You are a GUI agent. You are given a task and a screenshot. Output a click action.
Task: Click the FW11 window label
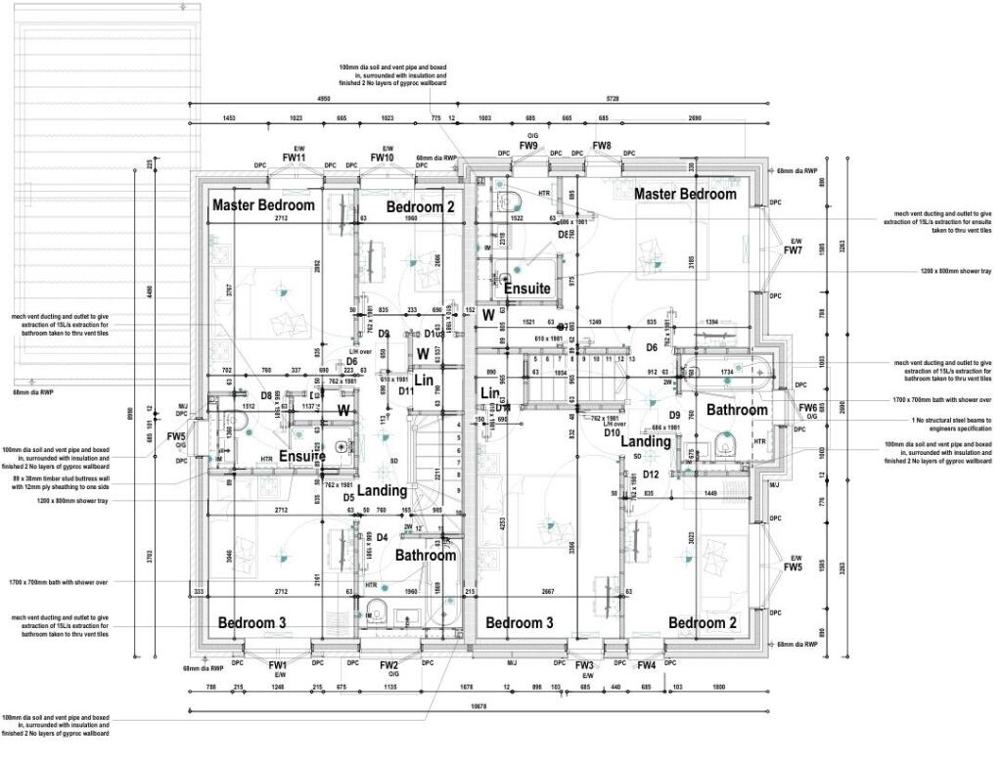pos(295,157)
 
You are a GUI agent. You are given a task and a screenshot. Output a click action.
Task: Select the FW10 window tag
pos(382,157)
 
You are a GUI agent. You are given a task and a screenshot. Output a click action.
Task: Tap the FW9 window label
pos(528,146)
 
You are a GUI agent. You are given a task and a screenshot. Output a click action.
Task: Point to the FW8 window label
pos(602,146)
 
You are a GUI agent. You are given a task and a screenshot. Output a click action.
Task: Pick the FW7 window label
pos(793,250)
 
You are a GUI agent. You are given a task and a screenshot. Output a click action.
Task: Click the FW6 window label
pos(807,408)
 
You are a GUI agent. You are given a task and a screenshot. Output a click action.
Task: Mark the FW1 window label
pos(279,665)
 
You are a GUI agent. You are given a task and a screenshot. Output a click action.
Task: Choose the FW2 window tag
pos(389,665)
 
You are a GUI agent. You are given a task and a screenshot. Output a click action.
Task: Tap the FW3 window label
pos(585,665)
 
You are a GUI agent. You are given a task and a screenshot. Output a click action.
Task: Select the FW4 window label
pos(647,665)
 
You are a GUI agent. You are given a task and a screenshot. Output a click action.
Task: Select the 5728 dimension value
pos(613,99)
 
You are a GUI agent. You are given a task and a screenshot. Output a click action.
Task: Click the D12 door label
pos(652,474)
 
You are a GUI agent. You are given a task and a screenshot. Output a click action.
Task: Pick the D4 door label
pos(383,536)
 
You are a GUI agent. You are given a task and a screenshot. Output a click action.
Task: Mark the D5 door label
pos(348,497)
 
